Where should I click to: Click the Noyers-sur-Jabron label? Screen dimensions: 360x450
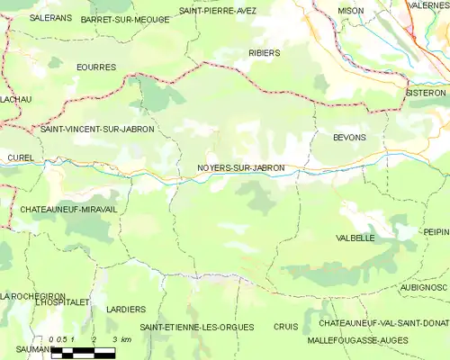tap(240, 167)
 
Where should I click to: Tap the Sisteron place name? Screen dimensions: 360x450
tap(425, 93)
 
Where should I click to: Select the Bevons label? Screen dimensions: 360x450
tap(349, 137)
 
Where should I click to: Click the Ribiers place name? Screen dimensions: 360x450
tap(264, 53)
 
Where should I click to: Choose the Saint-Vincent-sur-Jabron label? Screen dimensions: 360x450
tap(97, 130)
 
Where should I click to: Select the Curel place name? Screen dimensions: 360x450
tap(20, 157)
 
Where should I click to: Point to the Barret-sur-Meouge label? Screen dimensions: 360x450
tap(124, 19)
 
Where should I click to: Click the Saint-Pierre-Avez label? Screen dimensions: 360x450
tap(217, 10)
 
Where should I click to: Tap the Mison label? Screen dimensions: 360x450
tap(350, 10)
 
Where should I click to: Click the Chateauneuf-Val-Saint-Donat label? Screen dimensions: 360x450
tap(383, 322)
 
